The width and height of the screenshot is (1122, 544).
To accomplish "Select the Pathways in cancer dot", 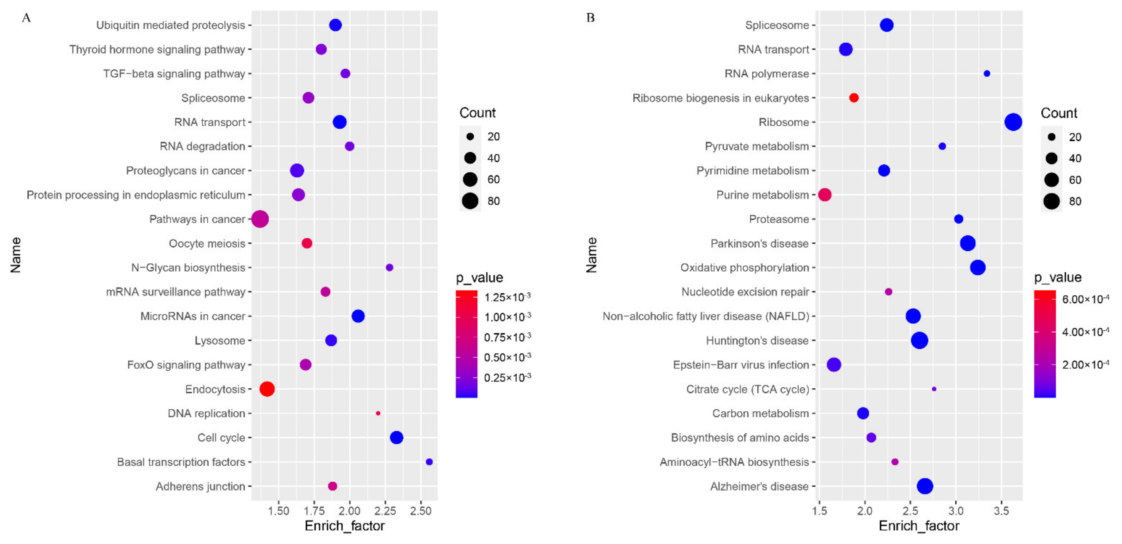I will click(x=260, y=219).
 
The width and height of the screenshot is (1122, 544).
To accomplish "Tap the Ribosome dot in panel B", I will click(x=1013, y=122).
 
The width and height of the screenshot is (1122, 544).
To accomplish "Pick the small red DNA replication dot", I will click(x=378, y=413).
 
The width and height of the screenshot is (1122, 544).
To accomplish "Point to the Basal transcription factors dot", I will click(x=429, y=462).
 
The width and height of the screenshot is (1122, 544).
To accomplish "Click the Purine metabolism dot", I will click(x=825, y=195).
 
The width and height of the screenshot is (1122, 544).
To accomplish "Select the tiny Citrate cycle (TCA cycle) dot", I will click(x=934, y=389).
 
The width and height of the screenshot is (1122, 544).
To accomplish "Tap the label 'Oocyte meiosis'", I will click(x=207, y=243).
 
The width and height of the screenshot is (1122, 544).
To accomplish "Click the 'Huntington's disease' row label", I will click(x=757, y=340).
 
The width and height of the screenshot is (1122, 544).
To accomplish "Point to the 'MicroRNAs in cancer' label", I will click(x=193, y=316).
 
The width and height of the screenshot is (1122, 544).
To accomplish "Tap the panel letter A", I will click(x=26, y=18).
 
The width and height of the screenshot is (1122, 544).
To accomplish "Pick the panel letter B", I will click(x=590, y=18).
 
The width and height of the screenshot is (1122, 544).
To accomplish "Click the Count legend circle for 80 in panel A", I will click(x=470, y=201).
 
